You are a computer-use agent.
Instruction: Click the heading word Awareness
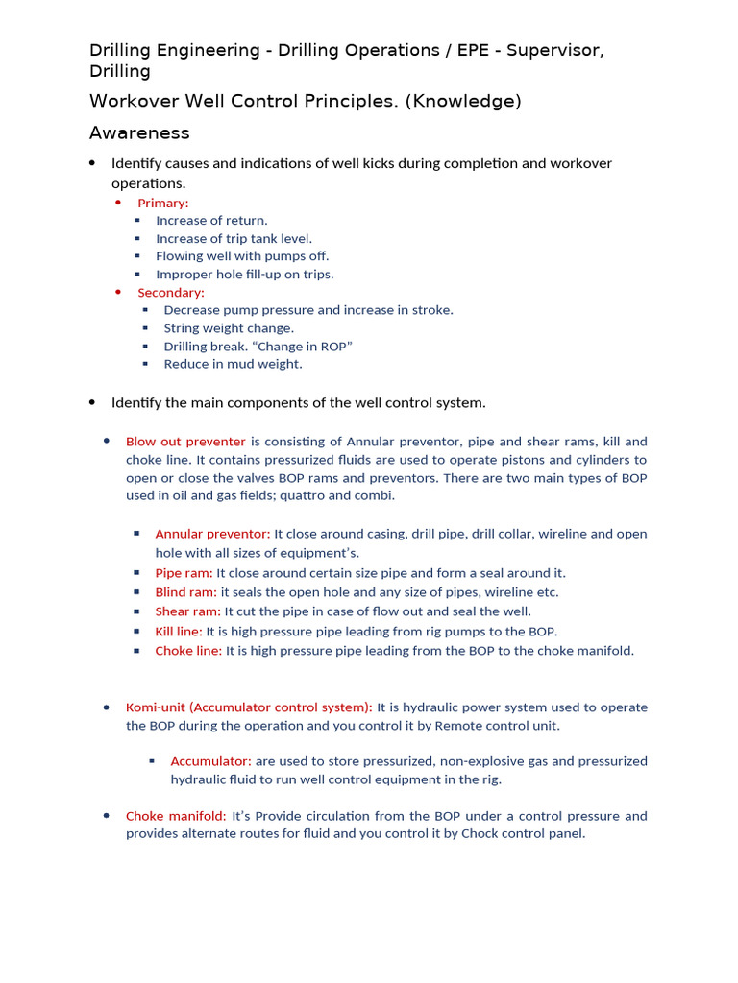[139, 133]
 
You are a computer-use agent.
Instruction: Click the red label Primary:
[162, 203]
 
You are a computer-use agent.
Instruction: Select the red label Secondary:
[170, 292]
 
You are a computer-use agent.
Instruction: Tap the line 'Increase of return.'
[211, 221]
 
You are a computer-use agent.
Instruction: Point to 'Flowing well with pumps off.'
[242, 256]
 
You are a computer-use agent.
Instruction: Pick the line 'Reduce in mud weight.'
[233, 364]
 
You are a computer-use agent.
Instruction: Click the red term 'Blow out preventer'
[185, 442]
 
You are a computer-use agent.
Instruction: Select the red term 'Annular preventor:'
[212, 534]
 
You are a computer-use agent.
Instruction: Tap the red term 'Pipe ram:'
[184, 573]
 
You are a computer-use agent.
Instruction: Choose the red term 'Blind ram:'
[185, 592]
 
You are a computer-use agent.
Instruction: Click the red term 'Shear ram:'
[187, 611]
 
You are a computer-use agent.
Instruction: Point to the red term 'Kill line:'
[179, 632]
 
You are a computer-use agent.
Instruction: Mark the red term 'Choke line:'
[188, 651]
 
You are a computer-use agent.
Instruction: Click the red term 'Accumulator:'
[210, 761]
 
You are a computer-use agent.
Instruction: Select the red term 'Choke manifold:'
[176, 816]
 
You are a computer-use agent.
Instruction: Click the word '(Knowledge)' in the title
[462, 102]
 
